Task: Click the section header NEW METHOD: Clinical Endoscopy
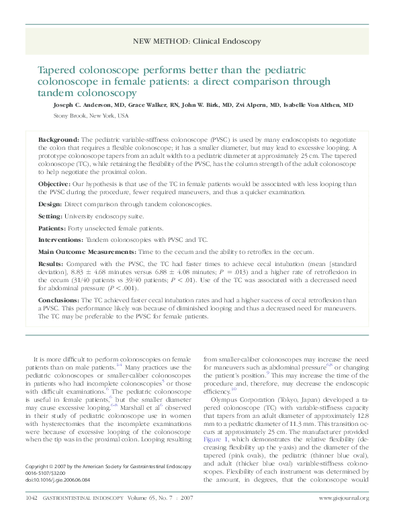[196, 42]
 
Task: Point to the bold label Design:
[50, 204]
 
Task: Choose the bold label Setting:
[51, 216]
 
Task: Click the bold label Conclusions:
[58, 300]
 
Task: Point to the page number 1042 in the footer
[31, 517]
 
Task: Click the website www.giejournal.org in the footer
[343, 517]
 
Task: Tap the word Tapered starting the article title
[58, 70]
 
